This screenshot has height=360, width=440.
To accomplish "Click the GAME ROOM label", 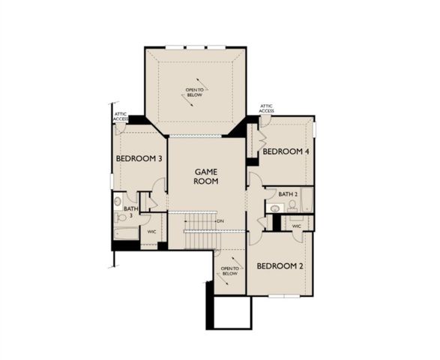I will [205, 176].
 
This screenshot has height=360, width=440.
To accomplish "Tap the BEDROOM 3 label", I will [139, 159].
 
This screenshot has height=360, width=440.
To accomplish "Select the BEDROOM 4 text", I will [285, 151].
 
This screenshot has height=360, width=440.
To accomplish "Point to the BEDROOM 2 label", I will [280, 266].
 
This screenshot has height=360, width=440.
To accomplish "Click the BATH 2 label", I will [288, 194].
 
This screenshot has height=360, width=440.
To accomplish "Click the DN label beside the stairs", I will [220, 221].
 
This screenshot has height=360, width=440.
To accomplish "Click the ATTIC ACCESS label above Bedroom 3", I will [121, 116].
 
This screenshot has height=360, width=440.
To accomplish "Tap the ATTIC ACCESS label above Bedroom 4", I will [267, 109].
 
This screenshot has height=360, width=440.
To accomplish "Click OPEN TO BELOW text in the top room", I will [194, 93].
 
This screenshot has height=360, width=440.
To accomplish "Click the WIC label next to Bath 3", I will [151, 232].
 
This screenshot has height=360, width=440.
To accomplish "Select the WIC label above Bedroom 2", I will [297, 225].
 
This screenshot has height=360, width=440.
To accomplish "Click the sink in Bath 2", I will [275, 208].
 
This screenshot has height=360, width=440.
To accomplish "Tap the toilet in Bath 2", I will [292, 205].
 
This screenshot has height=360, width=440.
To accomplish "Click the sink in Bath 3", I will [118, 202].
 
